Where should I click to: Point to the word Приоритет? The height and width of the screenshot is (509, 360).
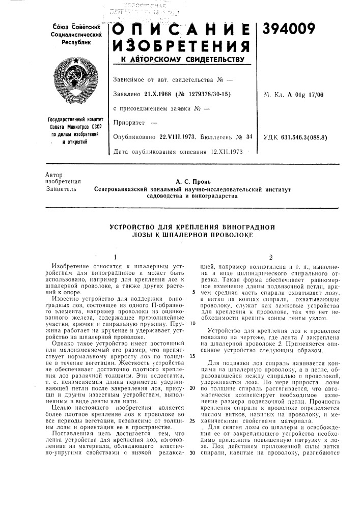[130, 122]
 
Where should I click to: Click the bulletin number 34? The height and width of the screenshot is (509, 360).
[249, 136]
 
